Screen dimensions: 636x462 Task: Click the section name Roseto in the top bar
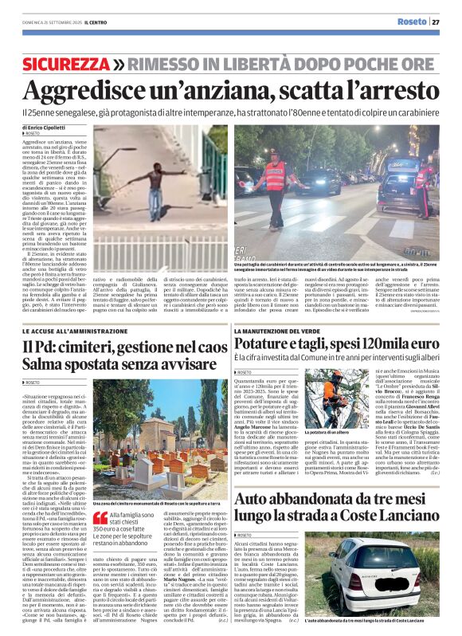[x=412, y=22]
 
